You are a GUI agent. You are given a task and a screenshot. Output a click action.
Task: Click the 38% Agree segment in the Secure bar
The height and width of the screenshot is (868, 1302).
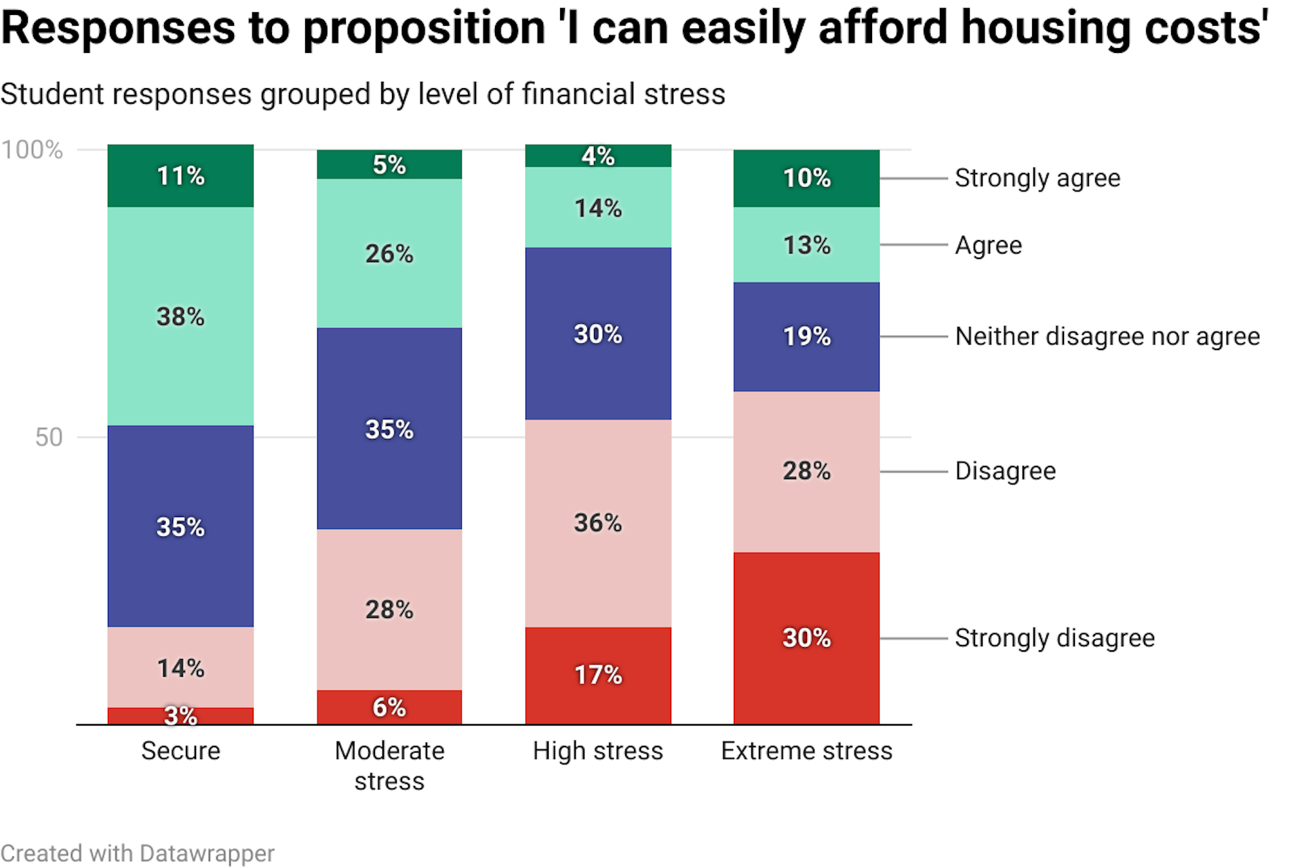(x=180, y=316)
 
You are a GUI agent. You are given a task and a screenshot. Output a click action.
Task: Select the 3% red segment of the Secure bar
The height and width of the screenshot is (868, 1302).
(x=180, y=715)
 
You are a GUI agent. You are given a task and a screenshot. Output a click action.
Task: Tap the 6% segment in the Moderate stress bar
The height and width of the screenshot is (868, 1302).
(x=389, y=707)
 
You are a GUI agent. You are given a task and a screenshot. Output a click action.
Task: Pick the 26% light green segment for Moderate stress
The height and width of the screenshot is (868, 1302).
(x=389, y=254)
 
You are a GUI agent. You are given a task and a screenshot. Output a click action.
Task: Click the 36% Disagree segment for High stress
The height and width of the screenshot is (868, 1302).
(x=598, y=523)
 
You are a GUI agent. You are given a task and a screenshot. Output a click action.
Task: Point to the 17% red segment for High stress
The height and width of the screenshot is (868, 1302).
(x=598, y=675)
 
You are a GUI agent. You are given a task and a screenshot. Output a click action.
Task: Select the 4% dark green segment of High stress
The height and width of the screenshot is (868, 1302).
(x=598, y=156)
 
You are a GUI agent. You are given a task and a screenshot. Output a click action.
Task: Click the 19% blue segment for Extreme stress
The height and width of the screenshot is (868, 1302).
(x=806, y=336)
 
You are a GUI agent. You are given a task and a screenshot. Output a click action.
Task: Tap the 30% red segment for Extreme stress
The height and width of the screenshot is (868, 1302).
(x=806, y=637)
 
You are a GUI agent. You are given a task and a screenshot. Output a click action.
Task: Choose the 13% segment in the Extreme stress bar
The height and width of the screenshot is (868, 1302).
(x=806, y=245)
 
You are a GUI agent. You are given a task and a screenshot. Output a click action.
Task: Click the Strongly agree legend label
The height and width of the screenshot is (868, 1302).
(x=1037, y=178)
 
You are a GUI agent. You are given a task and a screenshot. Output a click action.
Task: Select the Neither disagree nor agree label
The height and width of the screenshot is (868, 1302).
(x=1107, y=336)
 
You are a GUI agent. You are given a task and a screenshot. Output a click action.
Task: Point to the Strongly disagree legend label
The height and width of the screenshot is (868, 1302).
(x=1054, y=638)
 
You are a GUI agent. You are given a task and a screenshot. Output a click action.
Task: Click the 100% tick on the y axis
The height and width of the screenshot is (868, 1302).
(x=32, y=150)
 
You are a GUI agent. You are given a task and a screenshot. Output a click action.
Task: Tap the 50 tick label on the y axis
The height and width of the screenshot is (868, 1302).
(x=48, y=437)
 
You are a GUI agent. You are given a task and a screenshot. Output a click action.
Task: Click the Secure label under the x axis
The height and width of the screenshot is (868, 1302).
(x=180, y=751)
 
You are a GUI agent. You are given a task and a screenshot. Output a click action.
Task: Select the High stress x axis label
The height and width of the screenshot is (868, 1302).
(x=597, y=751)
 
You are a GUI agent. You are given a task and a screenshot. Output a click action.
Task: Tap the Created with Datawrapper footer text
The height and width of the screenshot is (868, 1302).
(x=137, y=853)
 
